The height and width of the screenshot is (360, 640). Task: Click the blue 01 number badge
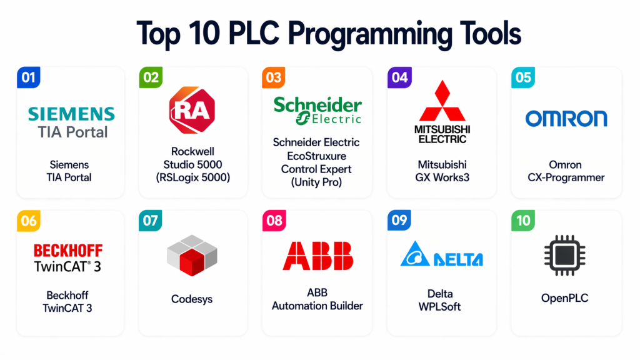(29, 77)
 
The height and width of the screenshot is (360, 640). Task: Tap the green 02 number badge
(151, 77)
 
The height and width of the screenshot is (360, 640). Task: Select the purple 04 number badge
(399, 77)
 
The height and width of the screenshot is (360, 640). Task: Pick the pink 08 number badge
(274, 221)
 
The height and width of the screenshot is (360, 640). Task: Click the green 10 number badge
(523, 221)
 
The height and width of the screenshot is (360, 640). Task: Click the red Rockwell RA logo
(192, 110)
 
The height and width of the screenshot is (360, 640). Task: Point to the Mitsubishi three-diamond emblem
(442, 101)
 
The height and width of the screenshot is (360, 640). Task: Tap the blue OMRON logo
(566, 118)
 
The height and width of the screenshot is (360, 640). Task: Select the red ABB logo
(318, 256)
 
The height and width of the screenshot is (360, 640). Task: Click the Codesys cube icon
(192, 255)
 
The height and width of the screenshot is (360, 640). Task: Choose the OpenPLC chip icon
(565, 255)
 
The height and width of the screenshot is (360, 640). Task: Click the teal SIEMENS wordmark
(71, 114)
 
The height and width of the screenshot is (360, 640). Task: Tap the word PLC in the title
(254, 33)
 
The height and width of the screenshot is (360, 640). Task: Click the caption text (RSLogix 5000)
(193, 178)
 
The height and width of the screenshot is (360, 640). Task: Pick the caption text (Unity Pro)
(316, 182)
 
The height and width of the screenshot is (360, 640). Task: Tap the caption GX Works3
(442, 177)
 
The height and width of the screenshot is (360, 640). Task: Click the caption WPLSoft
(439, 306)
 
